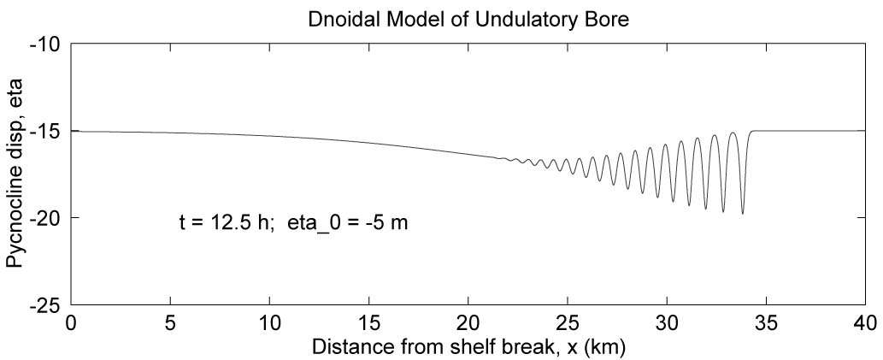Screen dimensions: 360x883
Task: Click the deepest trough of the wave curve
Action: (742, 213)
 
